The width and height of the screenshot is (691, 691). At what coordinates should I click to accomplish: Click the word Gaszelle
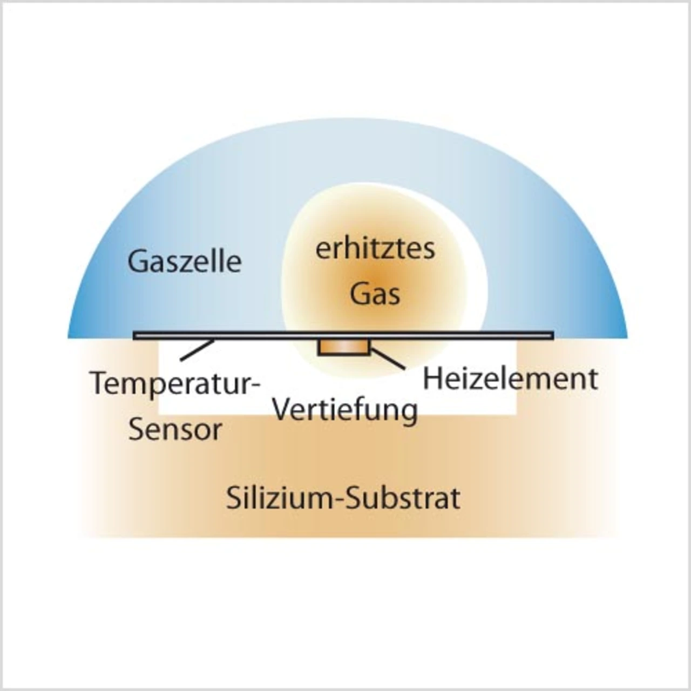[184, 262]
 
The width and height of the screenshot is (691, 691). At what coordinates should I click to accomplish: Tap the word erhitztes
[375, 249]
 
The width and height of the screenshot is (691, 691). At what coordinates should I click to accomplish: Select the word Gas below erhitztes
[375, 294]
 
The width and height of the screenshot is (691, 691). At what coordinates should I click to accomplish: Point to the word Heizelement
[510, 379]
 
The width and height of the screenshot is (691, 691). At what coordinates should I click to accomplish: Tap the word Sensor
[175, 430]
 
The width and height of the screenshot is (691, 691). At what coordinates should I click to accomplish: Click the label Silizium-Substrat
[343, 498]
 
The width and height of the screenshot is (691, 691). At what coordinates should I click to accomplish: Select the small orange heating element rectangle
[344, 347]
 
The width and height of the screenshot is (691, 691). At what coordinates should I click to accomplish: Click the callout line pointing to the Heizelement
[388, 359]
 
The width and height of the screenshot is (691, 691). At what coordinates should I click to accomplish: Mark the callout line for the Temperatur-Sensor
[197, 350]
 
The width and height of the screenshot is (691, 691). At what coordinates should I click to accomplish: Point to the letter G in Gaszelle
[138, 261]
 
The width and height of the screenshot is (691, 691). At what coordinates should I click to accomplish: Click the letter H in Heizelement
[431, 379]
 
